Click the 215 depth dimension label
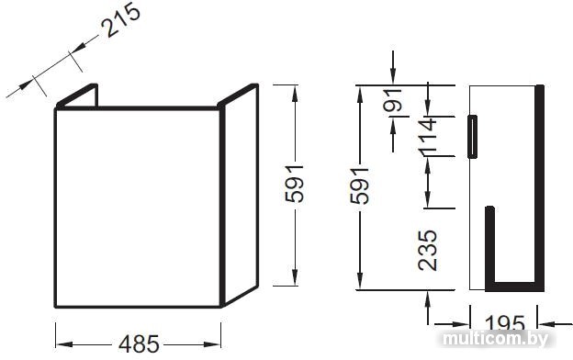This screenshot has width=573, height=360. [x=120, y=20]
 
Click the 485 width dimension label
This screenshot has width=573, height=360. [x=139, y=344]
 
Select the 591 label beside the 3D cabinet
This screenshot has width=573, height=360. [x=295, y=184]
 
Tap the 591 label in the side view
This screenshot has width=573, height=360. [x=359, y=186]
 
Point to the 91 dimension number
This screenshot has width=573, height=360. [x=393, y=100]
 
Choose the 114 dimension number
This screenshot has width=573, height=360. [x=427, y=134]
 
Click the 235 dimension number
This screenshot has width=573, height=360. [x=427, y=251]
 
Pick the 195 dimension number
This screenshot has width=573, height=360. [x=505, y=322]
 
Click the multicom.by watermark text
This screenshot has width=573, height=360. [x=496, y=339]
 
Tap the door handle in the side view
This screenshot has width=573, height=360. [x=472, y=136]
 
